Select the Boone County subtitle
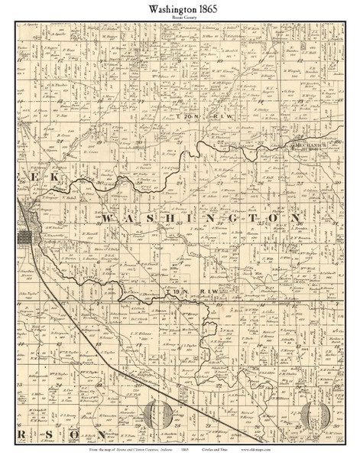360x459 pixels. [x=180, y=21]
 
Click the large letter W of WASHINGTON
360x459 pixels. [x=107, y=220]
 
